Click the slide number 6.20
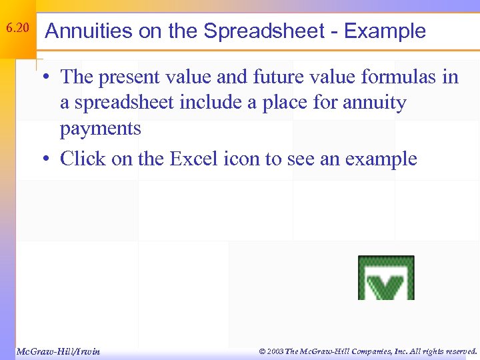coord(18,29)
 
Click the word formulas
coord(400,77)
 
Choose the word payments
coord(100,128)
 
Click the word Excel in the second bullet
coord(195,159)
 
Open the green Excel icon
coord(386,277)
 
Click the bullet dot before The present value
coord(49,78)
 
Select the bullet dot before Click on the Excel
coord(49,159)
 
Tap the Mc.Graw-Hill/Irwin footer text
coord(58,351)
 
